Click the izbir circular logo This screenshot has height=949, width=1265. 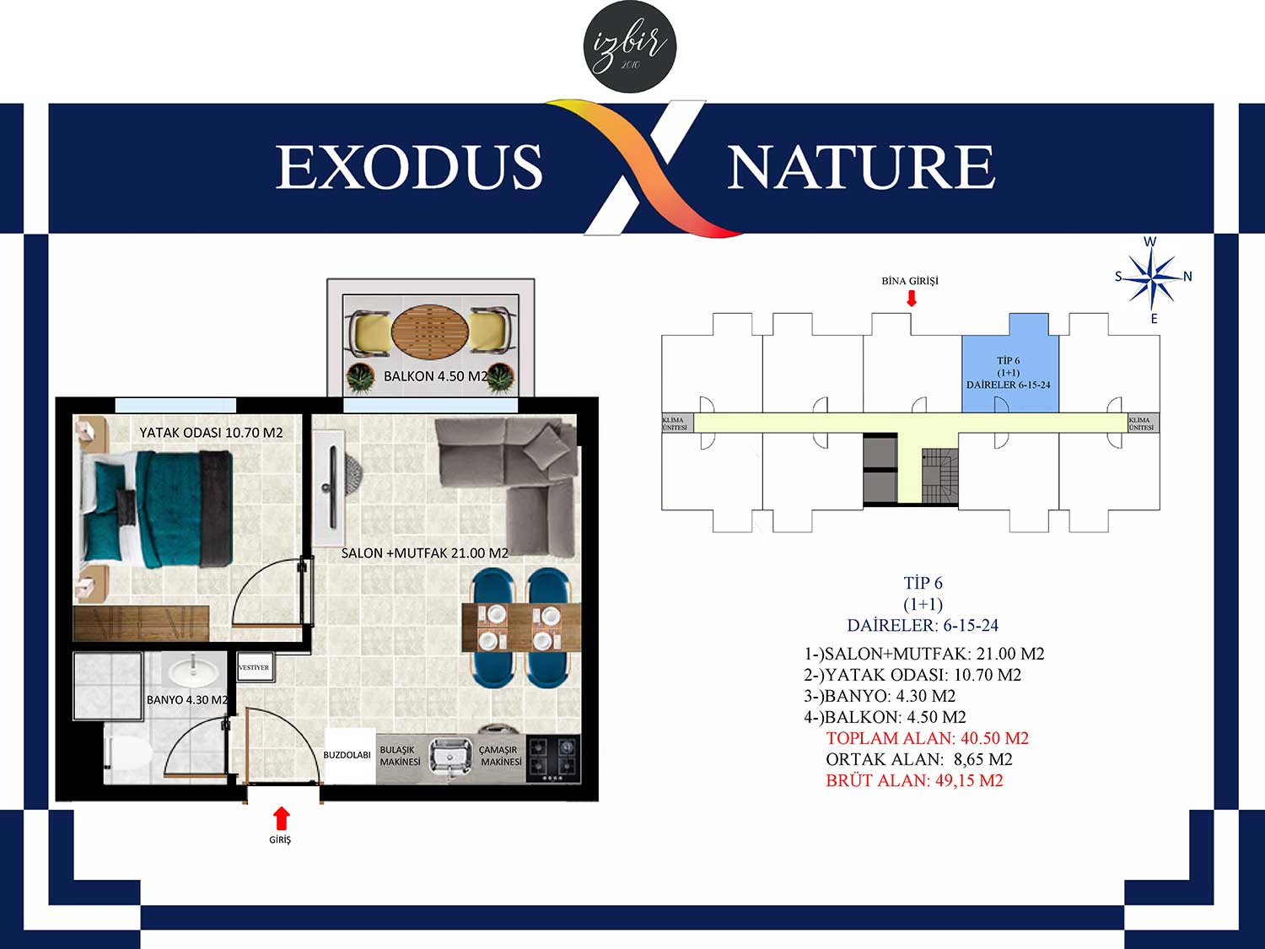tap(630, 46)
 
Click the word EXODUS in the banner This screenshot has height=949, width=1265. tap(409, 167)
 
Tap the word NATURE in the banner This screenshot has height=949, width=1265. tap(862, 167)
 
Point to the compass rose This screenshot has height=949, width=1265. tap(1152, 280)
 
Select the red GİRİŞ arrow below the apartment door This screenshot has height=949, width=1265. tap(281, 818)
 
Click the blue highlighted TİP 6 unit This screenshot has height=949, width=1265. tap(1009, 363)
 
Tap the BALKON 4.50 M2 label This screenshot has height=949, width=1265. tap(436, 376)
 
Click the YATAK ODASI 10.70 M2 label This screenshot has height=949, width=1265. tap(211, 433)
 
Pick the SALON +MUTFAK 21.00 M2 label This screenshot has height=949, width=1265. tap(425, 553)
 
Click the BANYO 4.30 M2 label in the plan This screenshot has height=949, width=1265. tap(187, 700)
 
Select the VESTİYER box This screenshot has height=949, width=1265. tap(254, 667)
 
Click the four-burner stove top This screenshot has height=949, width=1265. tap(553, 759)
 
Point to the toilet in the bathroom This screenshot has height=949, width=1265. tap(128, 752)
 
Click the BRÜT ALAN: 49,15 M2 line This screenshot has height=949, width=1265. tap(915, 781)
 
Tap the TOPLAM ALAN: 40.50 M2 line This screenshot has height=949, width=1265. tap(928, 738)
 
